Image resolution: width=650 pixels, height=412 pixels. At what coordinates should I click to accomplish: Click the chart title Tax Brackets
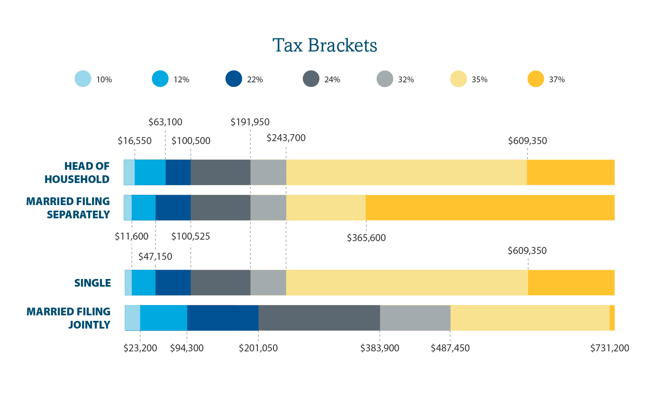[x=325, y=46]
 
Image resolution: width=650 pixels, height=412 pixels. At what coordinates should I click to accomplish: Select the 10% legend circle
[x=83, y=79]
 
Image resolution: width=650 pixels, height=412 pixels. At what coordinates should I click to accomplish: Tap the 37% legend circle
[x=536, y=79]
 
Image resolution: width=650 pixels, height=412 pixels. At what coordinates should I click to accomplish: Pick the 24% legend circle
[x=311, y=79]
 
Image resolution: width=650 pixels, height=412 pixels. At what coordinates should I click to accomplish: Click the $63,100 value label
[x=165, y=122]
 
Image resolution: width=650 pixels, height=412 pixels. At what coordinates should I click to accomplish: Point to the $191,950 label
[x=250, y=122]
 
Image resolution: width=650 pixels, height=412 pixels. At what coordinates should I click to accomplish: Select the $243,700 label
[x=286, y=138]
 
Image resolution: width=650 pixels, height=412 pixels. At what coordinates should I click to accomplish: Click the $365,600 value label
[x=366, y=238]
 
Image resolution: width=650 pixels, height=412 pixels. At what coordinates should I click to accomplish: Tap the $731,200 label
[x=610, y=348]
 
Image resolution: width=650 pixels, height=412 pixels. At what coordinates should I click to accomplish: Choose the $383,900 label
[x=379, y=348]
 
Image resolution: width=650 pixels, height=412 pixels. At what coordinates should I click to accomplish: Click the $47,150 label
[x=155, y=257]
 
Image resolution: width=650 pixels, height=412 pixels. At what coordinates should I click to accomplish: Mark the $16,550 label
[x=135, y=141]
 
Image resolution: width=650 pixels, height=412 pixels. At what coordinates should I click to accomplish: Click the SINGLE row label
[x=92, y=283]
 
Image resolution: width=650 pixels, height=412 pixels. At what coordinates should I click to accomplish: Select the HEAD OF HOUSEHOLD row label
[x=77, y=173]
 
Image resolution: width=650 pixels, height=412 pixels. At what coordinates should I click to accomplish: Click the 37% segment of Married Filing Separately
[x=490, y=208]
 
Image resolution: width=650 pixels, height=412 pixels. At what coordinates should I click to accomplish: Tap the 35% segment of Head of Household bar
[x=406, y=172]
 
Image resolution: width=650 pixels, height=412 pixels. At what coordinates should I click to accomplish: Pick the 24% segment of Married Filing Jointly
[x=319, y=318]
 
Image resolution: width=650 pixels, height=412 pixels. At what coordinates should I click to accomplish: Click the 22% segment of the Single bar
[x=173, y=283]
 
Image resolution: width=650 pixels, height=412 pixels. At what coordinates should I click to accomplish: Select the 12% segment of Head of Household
[x=150, y=172]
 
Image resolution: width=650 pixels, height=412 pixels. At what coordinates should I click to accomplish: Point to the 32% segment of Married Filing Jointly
[x=415, y=318]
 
